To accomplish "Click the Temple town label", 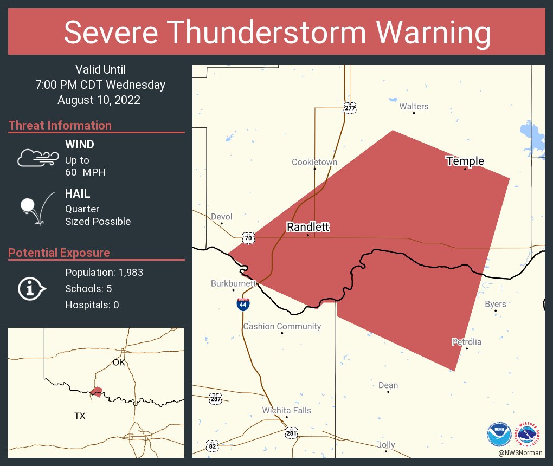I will [x=465, y=161].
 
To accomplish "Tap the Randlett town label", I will [x=307, y=227].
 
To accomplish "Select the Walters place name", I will [x=414, y=106].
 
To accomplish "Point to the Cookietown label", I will [x=314, y=162].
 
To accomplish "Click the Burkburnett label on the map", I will [x=233, y=283].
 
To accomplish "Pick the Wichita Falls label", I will [x=286, y=410].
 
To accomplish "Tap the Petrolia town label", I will [x=466, y=342].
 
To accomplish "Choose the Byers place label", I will [x=495, y=304].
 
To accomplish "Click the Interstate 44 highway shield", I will [x=243, y=305].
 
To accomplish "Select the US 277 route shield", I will [x=350, y=108].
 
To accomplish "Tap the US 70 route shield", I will [x=248, y=237].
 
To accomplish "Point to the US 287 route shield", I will [x=215, y=399].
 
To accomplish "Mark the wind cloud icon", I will [x=37, y=158].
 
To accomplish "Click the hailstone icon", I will [x=28, y=206].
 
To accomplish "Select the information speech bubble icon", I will [x=31, y=289].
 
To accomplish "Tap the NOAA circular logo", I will [x=498, y=434].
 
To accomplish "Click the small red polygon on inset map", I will [x=97, y=391].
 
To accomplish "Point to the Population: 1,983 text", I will [x=104, y=272].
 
